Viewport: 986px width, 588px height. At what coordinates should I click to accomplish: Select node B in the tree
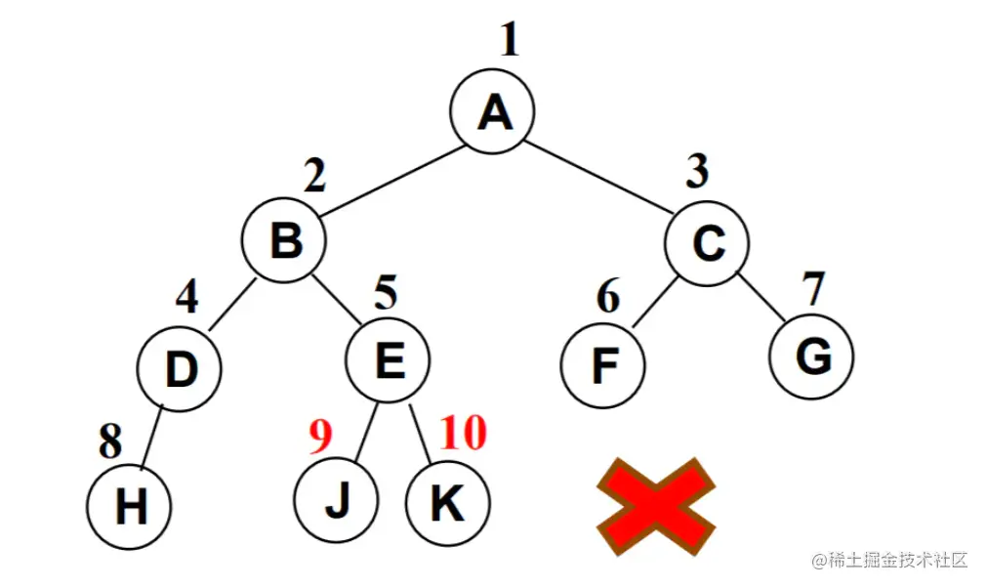[284, 239]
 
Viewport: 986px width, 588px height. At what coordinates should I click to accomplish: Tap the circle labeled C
[708, 242]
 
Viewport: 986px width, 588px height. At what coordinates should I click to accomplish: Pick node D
[180, 368]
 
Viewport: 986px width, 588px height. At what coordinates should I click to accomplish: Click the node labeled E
[388, 361]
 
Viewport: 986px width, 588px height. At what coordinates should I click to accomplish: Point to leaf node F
[603, 366]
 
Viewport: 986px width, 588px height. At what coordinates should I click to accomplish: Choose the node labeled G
[811, 357]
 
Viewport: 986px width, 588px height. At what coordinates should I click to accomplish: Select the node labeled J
[336, 500]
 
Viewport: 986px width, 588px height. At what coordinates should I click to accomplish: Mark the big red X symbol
[655, 506]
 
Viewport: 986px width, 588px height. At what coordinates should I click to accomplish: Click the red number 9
[321, 437]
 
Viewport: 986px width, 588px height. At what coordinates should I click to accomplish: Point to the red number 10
[462, 433]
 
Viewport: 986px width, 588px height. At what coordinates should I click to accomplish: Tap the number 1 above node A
[509, 41]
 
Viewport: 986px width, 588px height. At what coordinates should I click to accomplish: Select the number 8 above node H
[110, 442]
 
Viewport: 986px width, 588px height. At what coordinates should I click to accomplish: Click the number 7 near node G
[812, 288]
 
